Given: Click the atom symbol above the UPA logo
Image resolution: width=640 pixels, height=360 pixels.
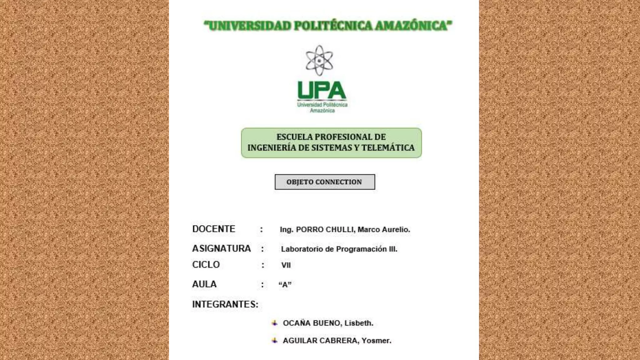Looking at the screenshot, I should pyautogui.click(x=319, y=60).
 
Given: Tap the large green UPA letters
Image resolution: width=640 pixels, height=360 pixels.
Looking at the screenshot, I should pyautogui.click(x=322, y=90).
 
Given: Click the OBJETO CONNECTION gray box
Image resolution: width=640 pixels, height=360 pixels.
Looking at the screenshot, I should pyautogui.click(x=325, y=182).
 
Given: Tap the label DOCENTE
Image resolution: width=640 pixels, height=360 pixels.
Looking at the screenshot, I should pyautogui.click(x=214, y=229).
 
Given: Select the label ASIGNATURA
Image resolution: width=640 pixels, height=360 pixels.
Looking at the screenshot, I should pyautogui.click(x=222, y=248).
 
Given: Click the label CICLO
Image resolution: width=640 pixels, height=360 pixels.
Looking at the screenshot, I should pyautogui.click(x=206, y=265).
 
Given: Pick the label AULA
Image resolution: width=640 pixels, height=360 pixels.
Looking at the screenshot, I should pyautogui.click(x=204, y=284).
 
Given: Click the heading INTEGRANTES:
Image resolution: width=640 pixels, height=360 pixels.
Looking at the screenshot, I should pyautogui.click(x=225, y=304).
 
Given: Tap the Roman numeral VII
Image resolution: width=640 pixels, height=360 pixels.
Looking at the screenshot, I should pyautogui.click(x=286, y=265).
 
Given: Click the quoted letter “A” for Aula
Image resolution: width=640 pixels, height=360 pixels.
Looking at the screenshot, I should pyautogui.click(x=285, y=285).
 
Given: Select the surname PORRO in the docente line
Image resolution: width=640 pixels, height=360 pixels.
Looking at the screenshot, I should pyautogui.click(x=309, y=230).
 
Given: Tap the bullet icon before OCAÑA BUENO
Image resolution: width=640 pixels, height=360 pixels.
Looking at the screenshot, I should pyautogui.click(x=275, y=323).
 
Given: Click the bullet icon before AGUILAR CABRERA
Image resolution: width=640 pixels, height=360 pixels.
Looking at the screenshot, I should pyautogui.click(x=275, y=341).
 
